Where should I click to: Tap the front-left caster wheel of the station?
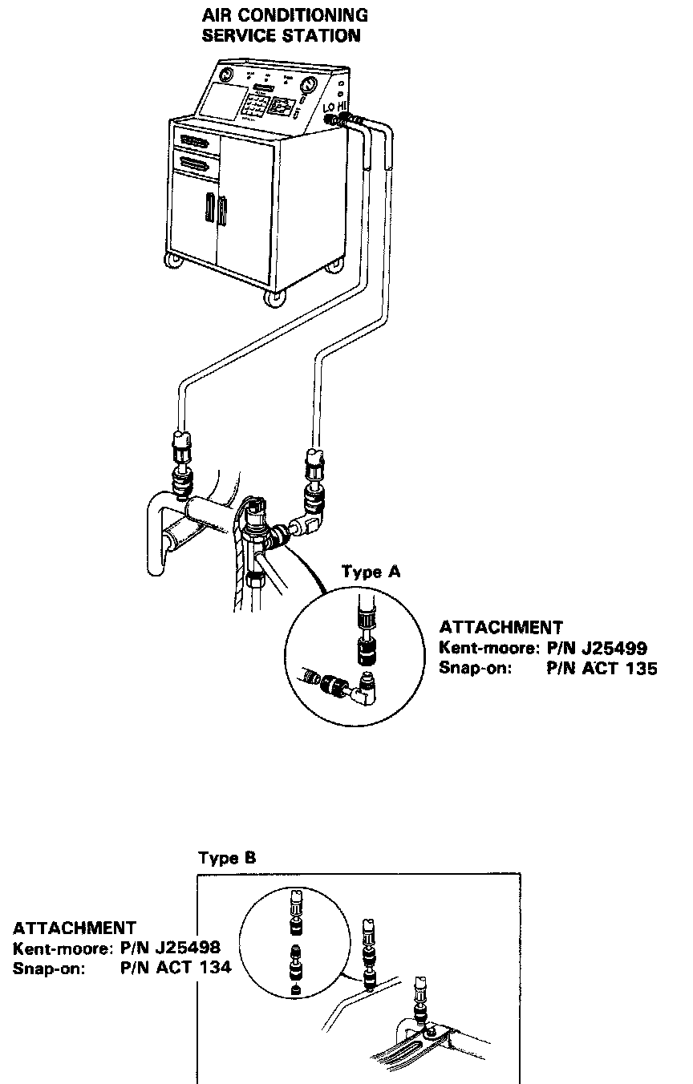point(173,261)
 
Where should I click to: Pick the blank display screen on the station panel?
point(220,102)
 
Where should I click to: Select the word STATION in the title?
point(322,36)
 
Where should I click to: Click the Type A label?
point(371,572)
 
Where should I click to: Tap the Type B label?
point(227,858)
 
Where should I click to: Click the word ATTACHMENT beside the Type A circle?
point(500,628)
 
